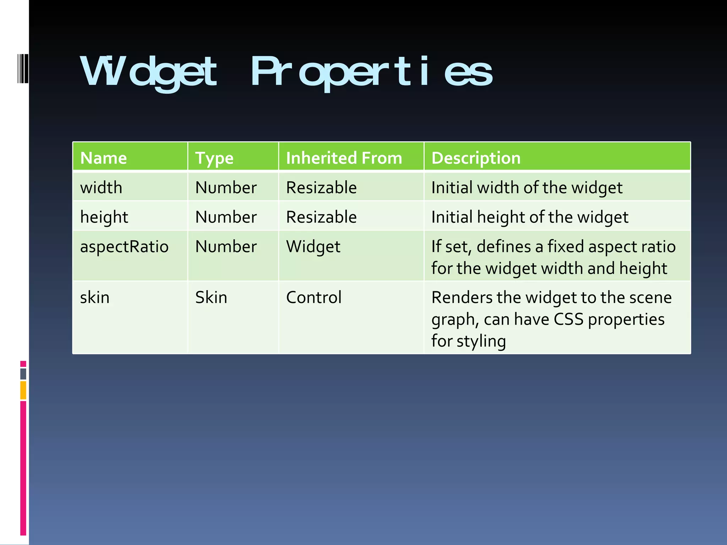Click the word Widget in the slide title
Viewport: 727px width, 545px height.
click(148, 72)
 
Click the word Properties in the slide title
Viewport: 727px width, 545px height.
click(371, 72)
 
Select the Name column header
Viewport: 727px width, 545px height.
click(103, 158)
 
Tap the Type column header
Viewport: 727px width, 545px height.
click(214, 158)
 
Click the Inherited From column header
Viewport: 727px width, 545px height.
click(344, 158)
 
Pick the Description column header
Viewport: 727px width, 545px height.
click(476, 158)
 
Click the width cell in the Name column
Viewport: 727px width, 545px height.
click(101, 187)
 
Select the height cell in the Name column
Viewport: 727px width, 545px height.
click(104, 217)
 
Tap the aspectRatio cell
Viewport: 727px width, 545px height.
click(124, 247)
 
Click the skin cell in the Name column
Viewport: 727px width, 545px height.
click(95, 297)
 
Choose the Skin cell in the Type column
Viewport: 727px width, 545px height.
click(211, 297)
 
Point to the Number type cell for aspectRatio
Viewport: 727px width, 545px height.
click(226, 247)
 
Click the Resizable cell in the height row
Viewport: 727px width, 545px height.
click(321, 217)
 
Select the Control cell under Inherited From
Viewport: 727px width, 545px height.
click(314, 297)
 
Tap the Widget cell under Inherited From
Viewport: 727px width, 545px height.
click(313, 247)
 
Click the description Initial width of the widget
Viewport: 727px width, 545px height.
click(527, 188)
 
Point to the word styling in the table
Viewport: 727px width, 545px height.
click(481, 341)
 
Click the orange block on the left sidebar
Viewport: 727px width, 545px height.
click(23, 390)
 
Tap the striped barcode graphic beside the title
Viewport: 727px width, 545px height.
click(23, 68)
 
